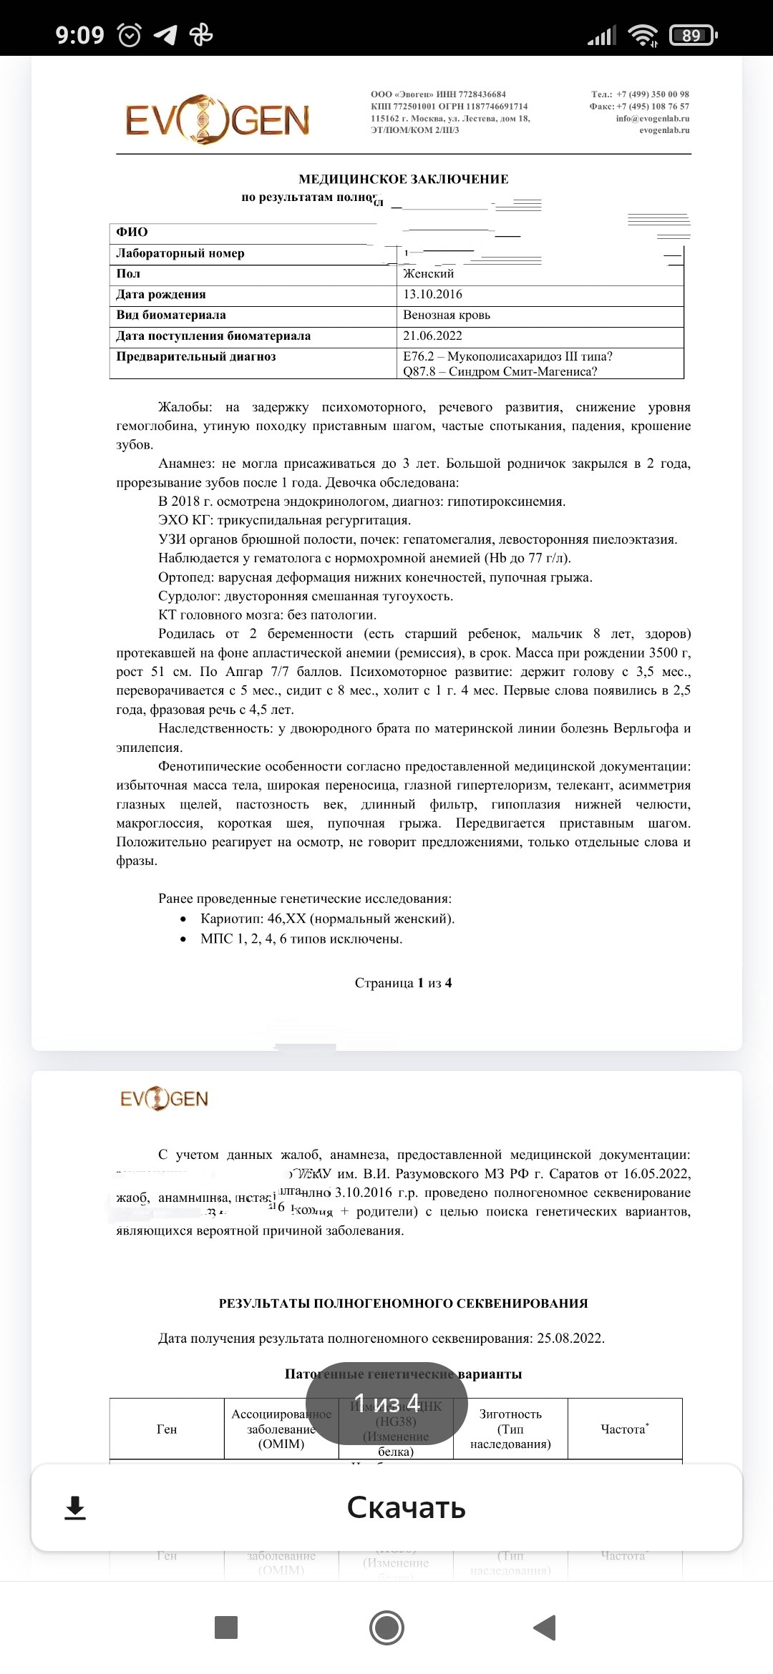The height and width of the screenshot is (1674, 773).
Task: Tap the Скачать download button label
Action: [406, 1507]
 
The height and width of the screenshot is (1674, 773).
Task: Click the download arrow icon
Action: [75, 1508]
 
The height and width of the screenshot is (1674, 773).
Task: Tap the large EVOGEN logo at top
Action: [218, 120]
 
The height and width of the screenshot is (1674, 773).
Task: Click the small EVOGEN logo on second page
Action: [164, 1099]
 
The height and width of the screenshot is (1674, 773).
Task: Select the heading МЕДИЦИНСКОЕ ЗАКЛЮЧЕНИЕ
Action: [403, 179]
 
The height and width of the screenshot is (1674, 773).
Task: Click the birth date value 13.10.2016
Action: [432, 294]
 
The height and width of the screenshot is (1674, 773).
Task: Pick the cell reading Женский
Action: [428, 273]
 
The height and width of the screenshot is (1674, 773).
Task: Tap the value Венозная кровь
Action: [446, 315]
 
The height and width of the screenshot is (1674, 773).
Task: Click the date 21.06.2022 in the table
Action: [432, 336]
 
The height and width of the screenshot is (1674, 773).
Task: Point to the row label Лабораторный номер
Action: [180, 253]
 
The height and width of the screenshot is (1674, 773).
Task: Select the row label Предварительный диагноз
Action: [196, 356]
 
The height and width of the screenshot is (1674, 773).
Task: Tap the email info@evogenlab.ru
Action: [652, 119]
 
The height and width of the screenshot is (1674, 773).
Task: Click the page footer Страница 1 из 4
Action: [403, 983]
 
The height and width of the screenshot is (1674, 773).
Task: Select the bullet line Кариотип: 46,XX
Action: [327, 919]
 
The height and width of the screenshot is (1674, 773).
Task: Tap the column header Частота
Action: [624, 1429]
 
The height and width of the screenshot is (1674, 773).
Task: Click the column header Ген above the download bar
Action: [167, 1429]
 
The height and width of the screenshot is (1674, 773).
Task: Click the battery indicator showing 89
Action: [691, 35]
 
